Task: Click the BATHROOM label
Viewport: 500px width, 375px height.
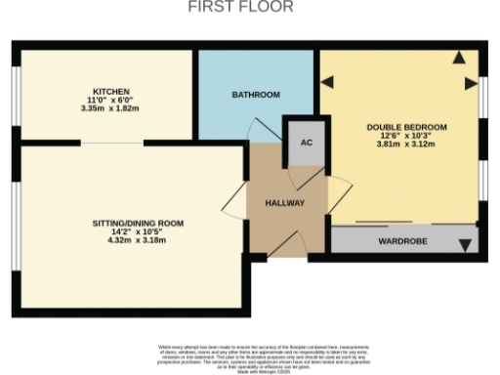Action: pos(256,95)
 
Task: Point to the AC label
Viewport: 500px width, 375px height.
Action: pos(306,143)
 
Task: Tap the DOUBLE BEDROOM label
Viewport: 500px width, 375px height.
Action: pos(406,128)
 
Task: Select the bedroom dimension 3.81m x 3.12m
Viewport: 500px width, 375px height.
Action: pos(406,146)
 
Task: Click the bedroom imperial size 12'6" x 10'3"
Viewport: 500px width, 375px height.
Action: pos(406,137)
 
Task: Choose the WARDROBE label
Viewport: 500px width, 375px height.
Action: pos(402,240)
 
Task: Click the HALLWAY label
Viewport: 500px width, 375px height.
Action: pos(284,203)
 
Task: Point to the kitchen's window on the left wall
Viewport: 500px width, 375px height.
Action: pos(16,93)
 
